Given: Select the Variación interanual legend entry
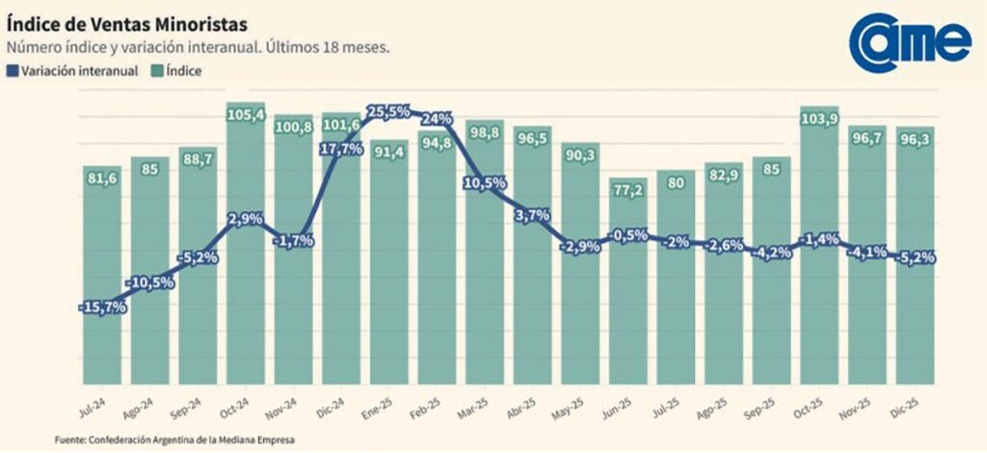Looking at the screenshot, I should point(73,70).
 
